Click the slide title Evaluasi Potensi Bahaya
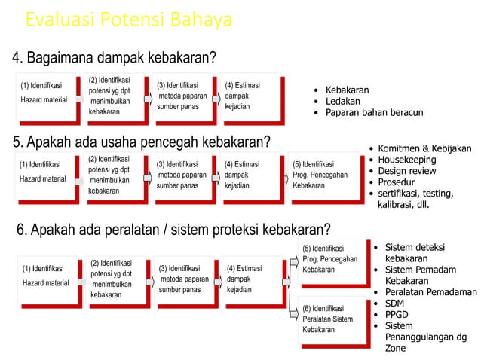coord(128,20)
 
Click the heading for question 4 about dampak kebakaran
coord(113,58)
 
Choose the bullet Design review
coord(407,171)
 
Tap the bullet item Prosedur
coord(398,182)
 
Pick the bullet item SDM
coord(394,303)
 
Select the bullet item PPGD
coord(397,314)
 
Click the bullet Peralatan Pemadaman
coord(430,291)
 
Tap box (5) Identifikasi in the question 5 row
coord(320,175)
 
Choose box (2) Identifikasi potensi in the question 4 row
coord(112,96)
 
